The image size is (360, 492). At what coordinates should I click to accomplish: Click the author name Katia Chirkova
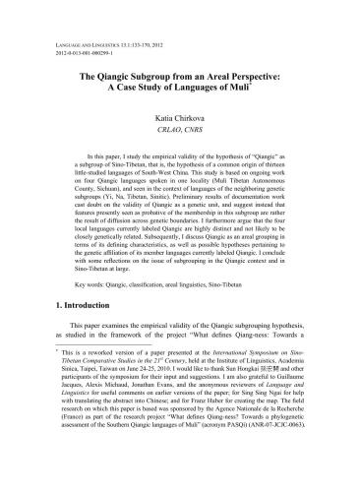tap(180, 116)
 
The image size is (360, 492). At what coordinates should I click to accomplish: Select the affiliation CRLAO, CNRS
tap(180, 130)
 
